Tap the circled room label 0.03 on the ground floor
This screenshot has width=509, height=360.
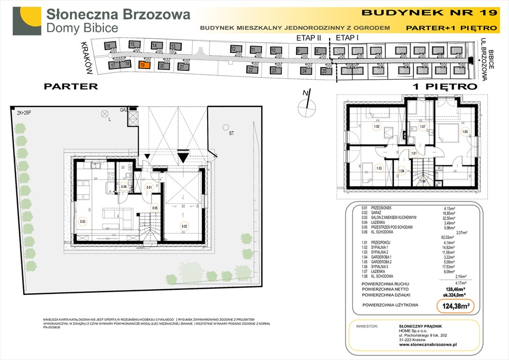click(83, 221)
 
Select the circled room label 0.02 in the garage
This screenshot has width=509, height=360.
click(184, 225)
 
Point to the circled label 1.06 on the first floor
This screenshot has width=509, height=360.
click(464, 132)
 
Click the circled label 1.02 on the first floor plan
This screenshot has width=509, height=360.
click(376, 126)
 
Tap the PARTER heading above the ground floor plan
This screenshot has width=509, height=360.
click(71, 86)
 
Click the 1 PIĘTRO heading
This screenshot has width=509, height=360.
click(444, 87)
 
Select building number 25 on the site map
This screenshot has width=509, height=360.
click(324, 71)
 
